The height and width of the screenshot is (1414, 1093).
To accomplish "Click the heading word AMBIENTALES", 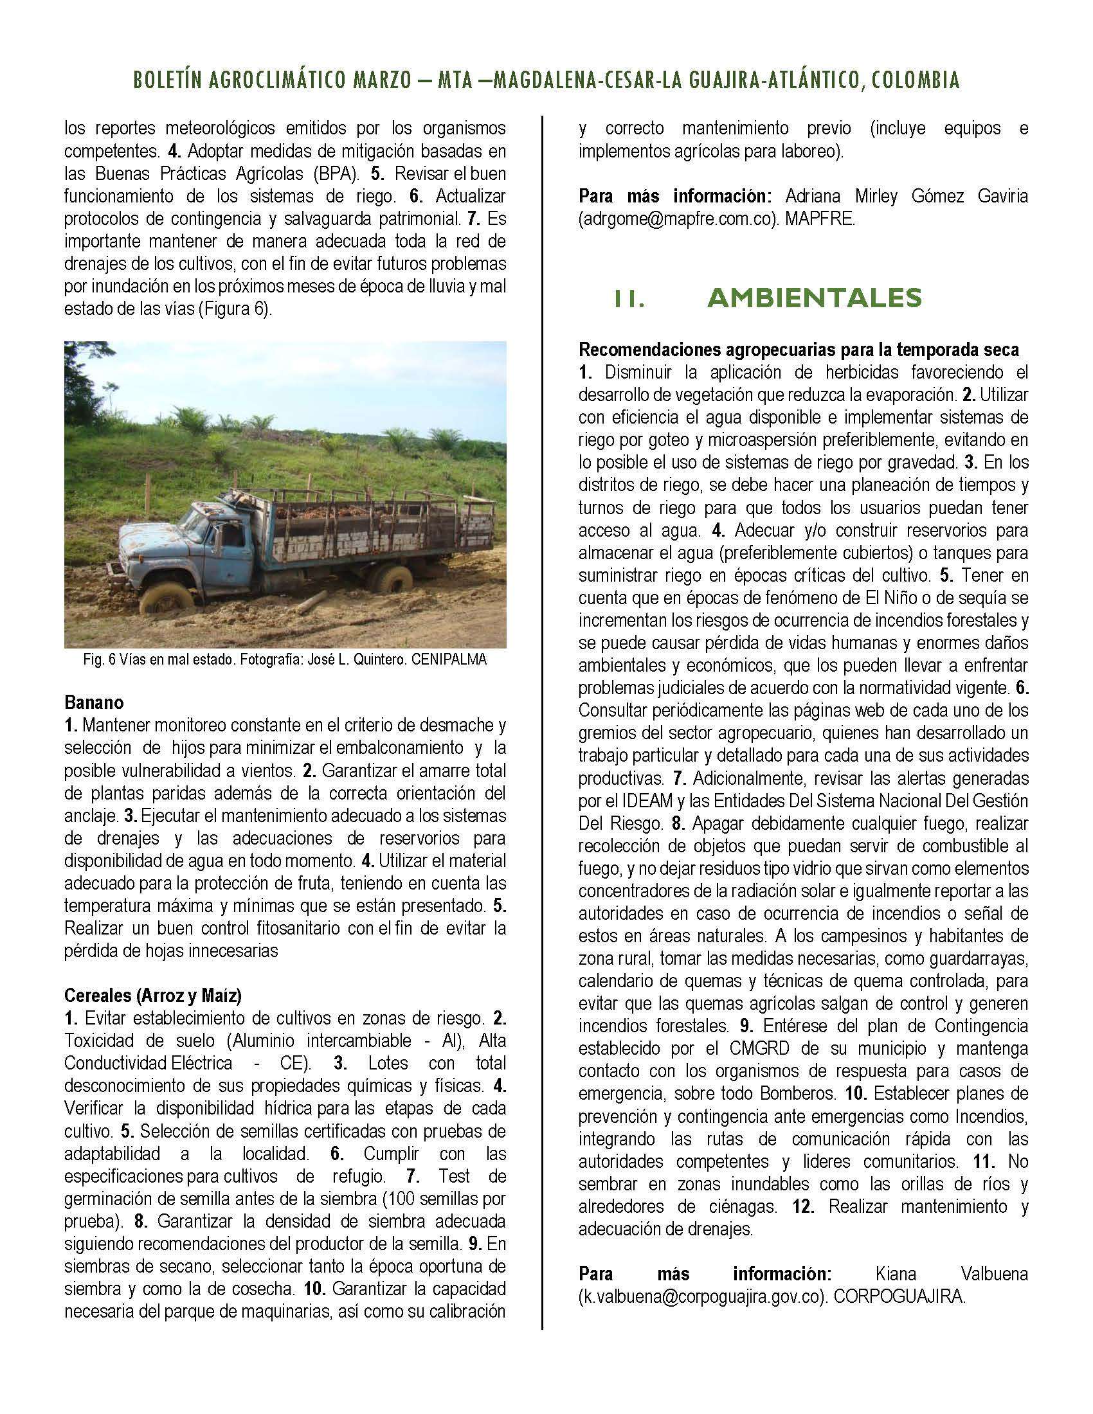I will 815,298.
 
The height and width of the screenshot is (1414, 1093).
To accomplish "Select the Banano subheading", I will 94,702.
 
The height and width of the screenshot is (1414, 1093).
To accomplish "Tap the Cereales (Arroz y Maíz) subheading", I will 153,994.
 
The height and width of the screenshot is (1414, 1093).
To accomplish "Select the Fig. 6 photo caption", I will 285,659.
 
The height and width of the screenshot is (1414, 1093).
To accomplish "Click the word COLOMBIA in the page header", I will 915,80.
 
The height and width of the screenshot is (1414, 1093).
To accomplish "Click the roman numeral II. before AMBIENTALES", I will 629,298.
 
